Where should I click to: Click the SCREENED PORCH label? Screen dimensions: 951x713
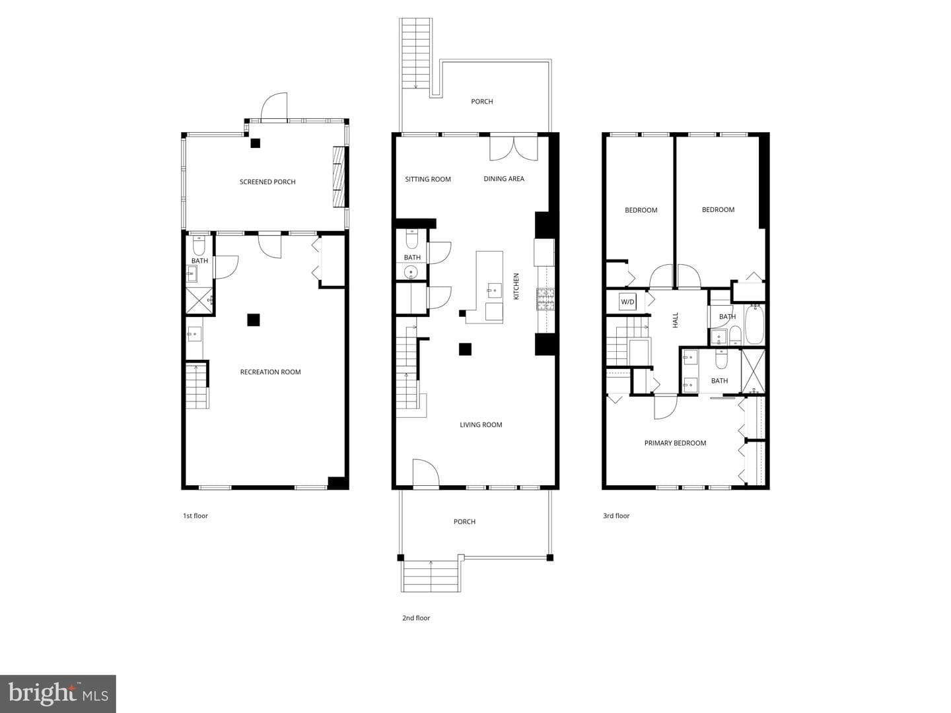(x=267, y=182)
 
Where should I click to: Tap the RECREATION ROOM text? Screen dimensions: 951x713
(x=270, y=372)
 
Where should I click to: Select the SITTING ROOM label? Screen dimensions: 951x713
(x=428, y=179)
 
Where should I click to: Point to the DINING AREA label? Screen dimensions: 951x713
(x=504, y=179)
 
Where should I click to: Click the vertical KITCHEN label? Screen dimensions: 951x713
(x=516, y=286)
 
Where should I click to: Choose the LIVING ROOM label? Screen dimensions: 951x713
(x=481, y=424)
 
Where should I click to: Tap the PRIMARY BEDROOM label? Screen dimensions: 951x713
(x=675, y=443)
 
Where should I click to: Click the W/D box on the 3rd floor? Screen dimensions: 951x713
(x=627, y=302)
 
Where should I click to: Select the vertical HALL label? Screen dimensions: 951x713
(x=675, y=320)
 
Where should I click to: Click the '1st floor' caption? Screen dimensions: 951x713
(x=195, y=516)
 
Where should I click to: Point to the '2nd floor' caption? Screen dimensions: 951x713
(x=416, y=618)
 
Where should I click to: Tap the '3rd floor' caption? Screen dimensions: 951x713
(x=616, y=516)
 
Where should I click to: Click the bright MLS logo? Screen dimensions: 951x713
(x=57, y=693)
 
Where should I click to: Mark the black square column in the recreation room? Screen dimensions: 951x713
(x=254, y=320)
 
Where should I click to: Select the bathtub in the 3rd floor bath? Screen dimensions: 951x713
(x=754, y=324)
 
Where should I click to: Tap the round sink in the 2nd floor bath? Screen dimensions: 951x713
(x=410, y=272)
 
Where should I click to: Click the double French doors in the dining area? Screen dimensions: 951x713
(x=513, y=149)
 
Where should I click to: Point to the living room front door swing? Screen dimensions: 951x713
(x=425, y=472)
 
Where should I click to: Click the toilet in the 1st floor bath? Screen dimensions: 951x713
(x=199, y=246)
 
